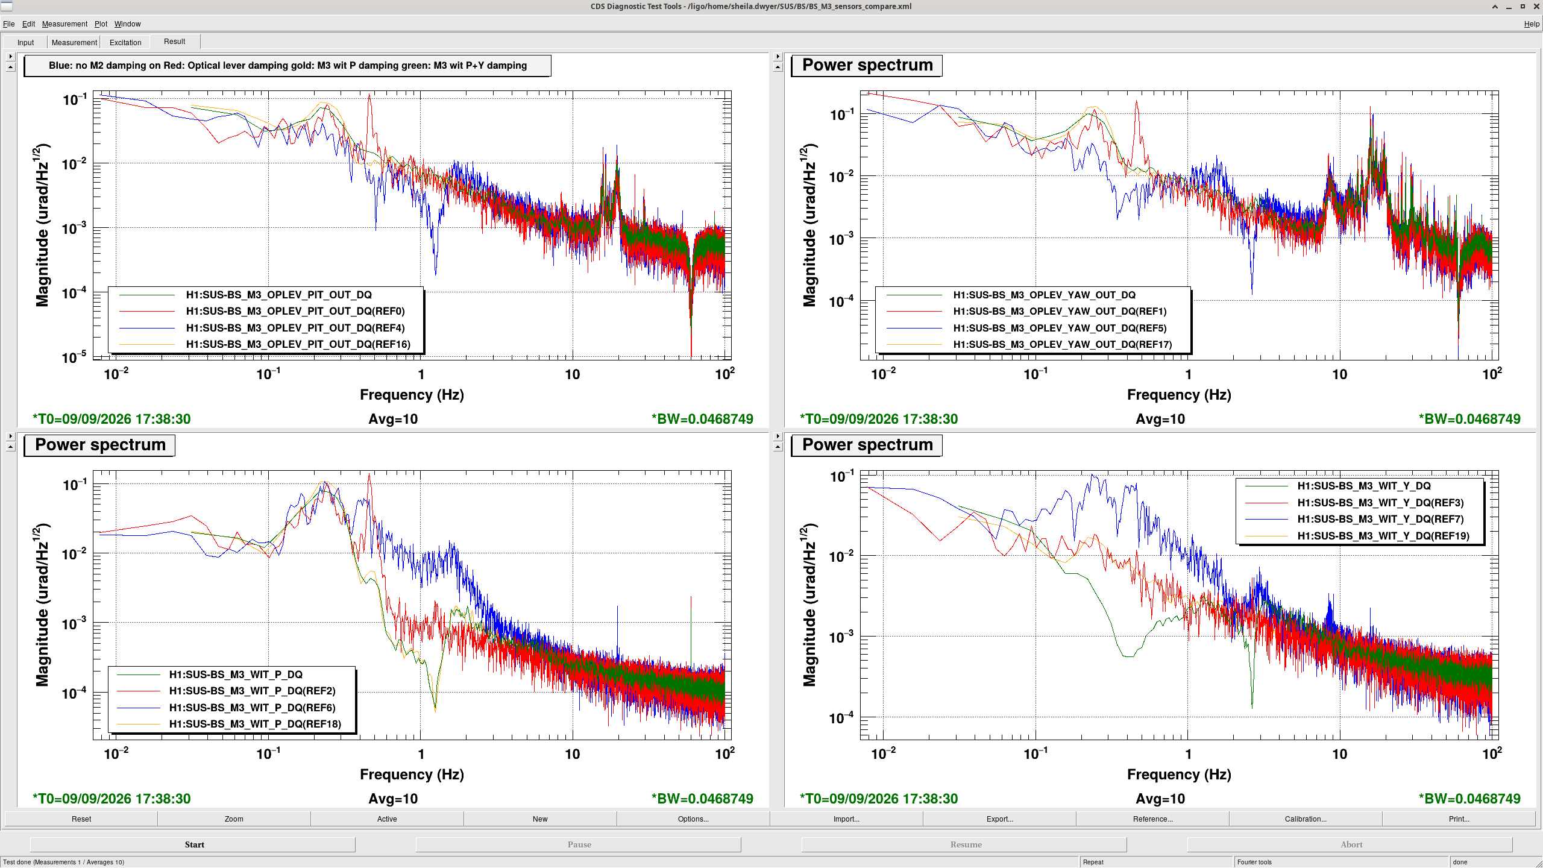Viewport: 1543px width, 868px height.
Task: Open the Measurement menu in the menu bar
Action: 64,24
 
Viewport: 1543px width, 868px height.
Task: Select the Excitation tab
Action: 125,42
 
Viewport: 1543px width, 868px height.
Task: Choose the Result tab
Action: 174,42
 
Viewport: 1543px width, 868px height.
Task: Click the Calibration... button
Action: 1306,819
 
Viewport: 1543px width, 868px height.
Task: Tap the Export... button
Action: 999,819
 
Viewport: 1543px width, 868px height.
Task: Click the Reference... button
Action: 1152,819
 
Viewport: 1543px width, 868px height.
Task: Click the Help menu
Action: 1532,24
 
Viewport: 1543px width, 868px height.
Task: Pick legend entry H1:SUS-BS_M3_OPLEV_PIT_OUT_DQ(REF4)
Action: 295,328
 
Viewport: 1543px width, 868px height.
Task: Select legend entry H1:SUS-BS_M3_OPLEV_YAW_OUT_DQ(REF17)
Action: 1063,344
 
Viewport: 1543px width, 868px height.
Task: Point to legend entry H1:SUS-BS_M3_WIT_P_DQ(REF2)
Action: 252,691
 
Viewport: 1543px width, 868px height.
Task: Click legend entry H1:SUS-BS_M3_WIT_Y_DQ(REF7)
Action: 1380,519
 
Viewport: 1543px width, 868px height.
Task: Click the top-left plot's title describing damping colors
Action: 288,65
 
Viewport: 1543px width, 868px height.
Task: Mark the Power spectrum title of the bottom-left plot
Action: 100,445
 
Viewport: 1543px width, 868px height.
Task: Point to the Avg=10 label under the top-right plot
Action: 1160,419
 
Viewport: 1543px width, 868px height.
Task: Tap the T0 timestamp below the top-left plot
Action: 112,419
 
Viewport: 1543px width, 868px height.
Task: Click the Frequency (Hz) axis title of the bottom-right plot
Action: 1179,774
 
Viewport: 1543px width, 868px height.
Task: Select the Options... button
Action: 693,819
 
